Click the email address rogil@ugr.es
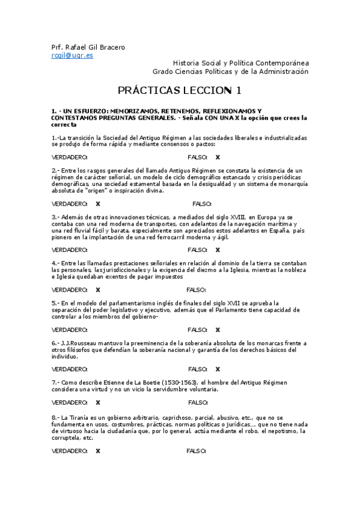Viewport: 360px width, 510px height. pyautogui.click(x=72, y=55)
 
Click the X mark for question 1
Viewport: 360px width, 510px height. pyautogui.click(x=218, y=157)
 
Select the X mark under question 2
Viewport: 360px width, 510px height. pyautogui.click(x=98, y=203)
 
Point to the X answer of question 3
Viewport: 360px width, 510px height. pyautogui.click(x=218, y=250)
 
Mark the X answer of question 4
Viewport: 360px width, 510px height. pyautogui.click(x=98, y=290)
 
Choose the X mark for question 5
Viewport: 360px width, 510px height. pyautogui.click(x=218, y=330)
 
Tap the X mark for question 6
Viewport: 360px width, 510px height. pyautogui.click(x=218, y=369)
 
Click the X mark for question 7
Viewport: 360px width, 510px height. pyautogui.click(x=98, y=403)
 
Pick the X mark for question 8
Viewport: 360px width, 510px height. pyautogui.click(x=98, y=450)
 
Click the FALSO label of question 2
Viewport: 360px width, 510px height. pyautogui.click(x=203, y=203)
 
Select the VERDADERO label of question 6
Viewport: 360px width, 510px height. pyautogui.click(x=70, y=369)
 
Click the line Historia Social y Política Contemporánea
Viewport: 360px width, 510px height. pyautogui.click(x=240, y=63)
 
